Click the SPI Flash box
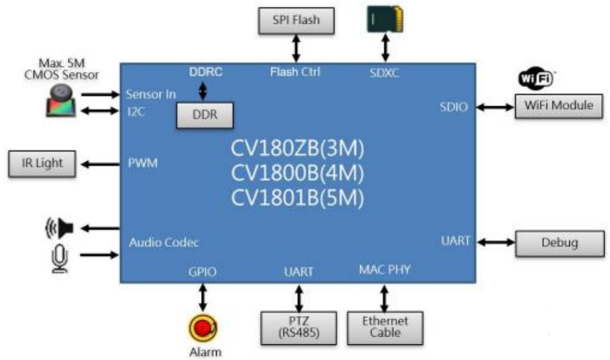click(296, 21)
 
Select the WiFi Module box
click(558, 106)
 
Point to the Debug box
click(559, 243)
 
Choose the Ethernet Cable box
click(385, 327)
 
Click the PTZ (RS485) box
click(299, 327)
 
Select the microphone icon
click(61, 257)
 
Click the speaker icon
click(60, 228)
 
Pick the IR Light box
click(42, 164)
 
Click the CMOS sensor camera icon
click(61, 101)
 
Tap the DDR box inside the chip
click(204, 115)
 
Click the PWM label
click(142, 164)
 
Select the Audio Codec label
click(164, 242)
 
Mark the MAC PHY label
click(384, 269)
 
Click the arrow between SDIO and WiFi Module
click(495, 107)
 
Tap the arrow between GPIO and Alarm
click(203, 297)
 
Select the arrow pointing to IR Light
click(99, 164)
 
